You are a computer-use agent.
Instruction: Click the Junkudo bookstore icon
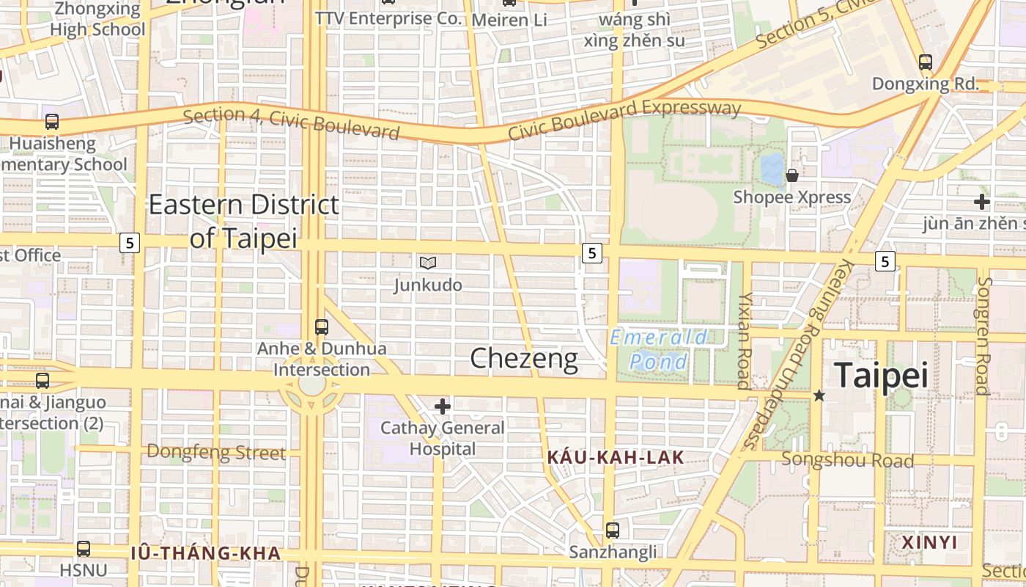click(428, 263)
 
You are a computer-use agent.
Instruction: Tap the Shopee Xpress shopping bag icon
click(792, 175)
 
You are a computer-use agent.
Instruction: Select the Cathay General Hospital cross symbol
click(443, 406)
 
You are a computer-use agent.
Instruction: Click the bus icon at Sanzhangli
click(613, 530)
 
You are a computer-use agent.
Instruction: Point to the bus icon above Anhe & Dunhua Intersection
click(321, 327)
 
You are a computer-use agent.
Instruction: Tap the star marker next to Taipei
click(819, 395)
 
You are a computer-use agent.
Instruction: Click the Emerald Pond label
click(659, 349)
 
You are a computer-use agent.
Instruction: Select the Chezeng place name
click(523, 359)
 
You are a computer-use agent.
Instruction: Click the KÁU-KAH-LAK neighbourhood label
click(616, 458)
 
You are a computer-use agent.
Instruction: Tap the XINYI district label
click(929, 542)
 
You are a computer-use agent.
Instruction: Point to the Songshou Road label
click(847, 460)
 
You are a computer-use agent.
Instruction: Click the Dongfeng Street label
click(216, 452)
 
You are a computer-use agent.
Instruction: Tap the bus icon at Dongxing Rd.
click(925, 62)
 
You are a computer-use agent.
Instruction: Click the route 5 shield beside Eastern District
click(130, 243)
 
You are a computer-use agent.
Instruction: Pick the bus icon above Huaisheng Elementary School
click(52, 122)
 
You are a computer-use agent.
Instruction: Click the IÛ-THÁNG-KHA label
click(206, 553)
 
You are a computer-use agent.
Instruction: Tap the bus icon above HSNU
click(84, 548)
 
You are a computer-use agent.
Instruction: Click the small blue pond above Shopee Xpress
click(771, 169)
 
